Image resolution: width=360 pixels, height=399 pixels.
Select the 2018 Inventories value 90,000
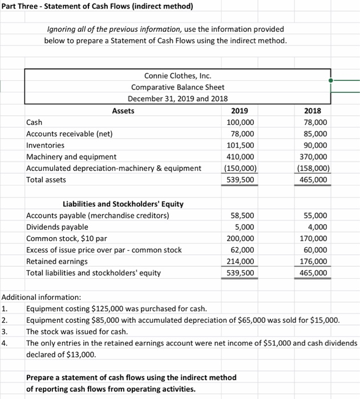(314, 145)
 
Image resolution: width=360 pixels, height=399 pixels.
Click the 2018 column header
(314, 111)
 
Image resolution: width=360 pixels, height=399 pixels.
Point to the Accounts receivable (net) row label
(70, 134)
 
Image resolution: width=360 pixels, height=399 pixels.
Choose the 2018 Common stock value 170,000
(314, 238)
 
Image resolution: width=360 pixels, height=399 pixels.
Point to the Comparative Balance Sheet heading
(177, 87)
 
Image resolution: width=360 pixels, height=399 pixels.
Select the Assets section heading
(123, 111)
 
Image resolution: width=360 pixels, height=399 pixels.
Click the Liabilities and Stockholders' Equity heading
(122, 204)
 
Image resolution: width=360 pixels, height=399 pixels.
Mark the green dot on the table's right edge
(330, 81)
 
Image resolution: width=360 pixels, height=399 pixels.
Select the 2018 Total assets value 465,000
(314, 180)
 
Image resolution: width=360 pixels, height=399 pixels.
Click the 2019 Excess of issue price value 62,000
(244, 250)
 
